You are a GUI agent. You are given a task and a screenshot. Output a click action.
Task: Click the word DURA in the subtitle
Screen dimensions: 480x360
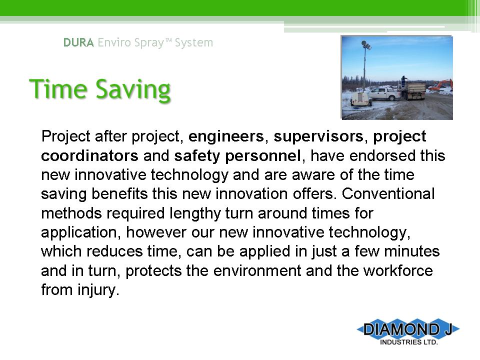click(x=78, y=42)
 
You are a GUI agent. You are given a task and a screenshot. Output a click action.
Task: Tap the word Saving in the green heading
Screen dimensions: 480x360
click(x=133, y=89)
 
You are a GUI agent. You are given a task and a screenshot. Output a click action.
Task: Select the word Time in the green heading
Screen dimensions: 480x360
click(x=58, y=89)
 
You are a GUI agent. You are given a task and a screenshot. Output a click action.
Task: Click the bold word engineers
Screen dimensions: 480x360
click(x=226, y=136)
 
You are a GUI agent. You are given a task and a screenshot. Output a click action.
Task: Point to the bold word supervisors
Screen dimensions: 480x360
click(x=318, y=136)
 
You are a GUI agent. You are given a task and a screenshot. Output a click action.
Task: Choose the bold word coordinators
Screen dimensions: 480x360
click(x=89, y=155)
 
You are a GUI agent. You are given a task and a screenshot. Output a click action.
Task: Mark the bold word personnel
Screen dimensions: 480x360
click(x=263, y=156)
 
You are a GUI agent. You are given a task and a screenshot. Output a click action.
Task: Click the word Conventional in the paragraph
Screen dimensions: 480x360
click(x=388, y=194)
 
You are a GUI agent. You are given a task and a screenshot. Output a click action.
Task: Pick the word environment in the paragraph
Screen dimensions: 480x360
click(x=257, y=271)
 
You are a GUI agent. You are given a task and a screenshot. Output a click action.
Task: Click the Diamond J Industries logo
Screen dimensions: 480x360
click(x=408, y=332)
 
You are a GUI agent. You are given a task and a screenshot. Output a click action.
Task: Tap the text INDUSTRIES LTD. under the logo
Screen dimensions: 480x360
click(x=408, y=342)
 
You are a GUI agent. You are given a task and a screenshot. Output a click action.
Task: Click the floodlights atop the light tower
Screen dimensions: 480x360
click(x=366, y=45)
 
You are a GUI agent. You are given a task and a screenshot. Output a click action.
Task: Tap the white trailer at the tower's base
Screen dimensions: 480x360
click(x=361, y=99)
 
